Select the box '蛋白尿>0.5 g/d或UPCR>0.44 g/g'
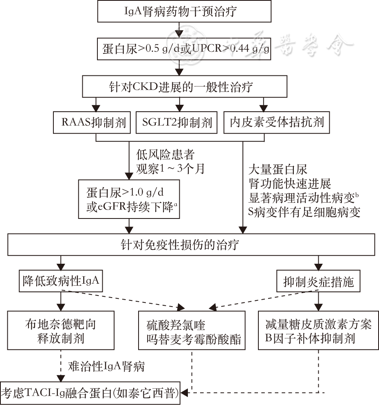pyautogui.click(x=185, y=49)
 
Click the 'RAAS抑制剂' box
pyautogui.click(x=93, y=122)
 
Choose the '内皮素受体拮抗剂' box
pyautogui.click(x=277, y=122)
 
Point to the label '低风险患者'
pyautogui.click(x=165, y=155)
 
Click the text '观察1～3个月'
pyautogui.click(x=170, y=168)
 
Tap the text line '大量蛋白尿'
pyautogui.click(x=278, y=168)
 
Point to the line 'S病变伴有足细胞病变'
pyautogui.click(x=304, y=212)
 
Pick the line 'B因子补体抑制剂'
pyautogui.click(x=310, y=338)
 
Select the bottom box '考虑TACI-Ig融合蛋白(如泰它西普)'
pyautogui.click(x=90, y=393)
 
